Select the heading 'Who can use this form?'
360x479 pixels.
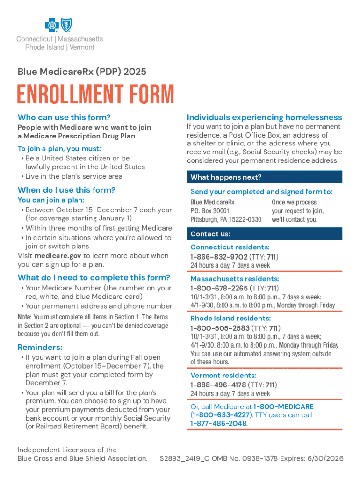[64, 117]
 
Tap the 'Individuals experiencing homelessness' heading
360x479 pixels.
[264, 117]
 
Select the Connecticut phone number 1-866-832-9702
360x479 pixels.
[219, 257]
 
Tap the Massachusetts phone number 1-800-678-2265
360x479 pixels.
[219, 288]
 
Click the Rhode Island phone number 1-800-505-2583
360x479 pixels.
[219, 328]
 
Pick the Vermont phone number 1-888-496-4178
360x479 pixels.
[219, 385]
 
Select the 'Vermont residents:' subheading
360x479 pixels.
[223, 376]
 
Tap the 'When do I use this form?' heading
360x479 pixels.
[66, 190]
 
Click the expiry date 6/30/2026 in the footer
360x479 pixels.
[327, 458]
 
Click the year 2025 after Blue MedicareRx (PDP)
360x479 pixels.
[135, 72]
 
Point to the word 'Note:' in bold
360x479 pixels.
[24, 317]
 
